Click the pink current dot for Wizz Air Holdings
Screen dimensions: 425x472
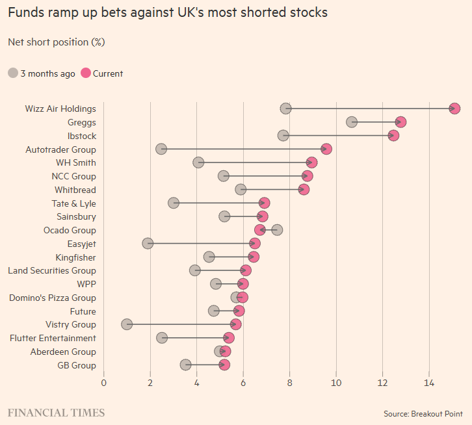[454, 109]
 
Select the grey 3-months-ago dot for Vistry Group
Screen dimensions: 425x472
[127, 324]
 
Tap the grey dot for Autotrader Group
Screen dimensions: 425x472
[161, 149]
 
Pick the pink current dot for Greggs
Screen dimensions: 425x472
[400, 122]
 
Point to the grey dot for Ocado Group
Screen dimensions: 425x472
[278, 230]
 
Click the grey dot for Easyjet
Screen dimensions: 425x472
[148, 243]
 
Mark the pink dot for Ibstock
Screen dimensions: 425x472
[393, 135]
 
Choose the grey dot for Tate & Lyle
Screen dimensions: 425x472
[174, 203]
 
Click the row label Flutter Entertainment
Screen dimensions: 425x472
[53, 338]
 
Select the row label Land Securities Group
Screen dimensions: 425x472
[51, 270]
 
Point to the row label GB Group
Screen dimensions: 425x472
[77, 365]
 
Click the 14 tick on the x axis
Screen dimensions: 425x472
[429, 382]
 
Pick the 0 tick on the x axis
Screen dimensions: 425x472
[103, 382]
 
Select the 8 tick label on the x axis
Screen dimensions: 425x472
[289, 382]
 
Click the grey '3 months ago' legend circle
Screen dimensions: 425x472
[13, 73]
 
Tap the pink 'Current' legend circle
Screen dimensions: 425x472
[85, 73]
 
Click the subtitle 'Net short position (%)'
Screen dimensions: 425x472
[56, 42]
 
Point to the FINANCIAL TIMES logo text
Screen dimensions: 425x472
[56, 413]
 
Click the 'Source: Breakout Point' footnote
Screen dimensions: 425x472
[423, 413]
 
